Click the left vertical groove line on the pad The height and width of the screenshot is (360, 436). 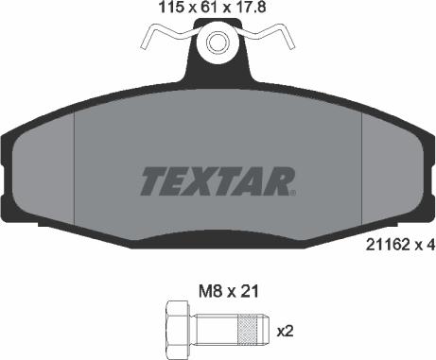point(73,161)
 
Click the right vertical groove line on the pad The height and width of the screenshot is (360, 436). point(363,161)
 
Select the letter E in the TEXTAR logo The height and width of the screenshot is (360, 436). point(179,179)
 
